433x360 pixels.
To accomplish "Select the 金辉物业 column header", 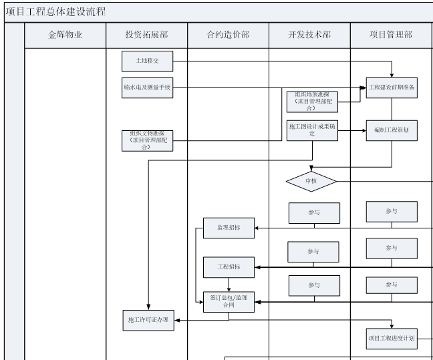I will click(x=65, y=35).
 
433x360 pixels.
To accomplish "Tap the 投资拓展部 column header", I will click(x=147, y=35).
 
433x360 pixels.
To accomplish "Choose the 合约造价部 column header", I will click(x=228, y=35).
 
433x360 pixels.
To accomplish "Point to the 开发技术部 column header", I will click(x=309, y=35).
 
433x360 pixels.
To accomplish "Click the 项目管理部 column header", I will click(x=391, y=35).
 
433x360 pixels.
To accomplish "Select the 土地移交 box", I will click(x=147, y=62).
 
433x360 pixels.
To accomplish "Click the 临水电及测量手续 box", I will click(x=147, y=89).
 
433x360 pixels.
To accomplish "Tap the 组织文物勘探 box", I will click(x=147, y=140).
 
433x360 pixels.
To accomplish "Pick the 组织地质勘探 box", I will click(x=312, y=102).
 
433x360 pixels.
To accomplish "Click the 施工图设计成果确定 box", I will click(x=312, y=130).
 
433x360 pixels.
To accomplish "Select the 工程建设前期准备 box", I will click(x=392, y=89).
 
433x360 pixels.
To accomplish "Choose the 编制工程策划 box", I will click(x=392, y=131).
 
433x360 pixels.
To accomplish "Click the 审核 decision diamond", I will click(x=311, y=181).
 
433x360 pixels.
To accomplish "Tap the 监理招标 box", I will click(x=229, y=228).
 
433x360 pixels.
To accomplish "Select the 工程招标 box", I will click(x=229, y=267).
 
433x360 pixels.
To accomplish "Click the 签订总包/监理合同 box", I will click(x=229, y=302).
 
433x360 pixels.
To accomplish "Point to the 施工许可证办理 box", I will click(x=147, y=320).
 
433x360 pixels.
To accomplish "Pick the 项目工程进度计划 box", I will click(x=392, y=339).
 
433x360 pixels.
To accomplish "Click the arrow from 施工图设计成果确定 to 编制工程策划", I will click(x=351, y=131).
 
